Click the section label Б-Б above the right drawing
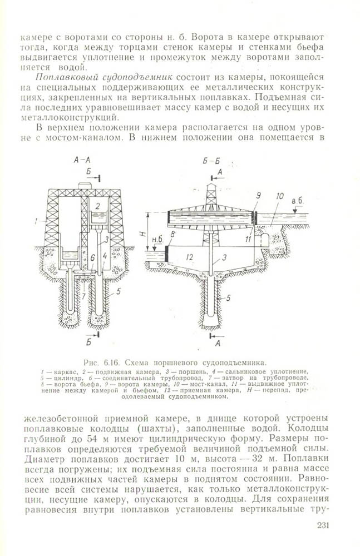(211, 161)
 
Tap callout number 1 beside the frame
(35, 221)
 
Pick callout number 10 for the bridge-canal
(280, 196)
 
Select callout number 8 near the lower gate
(174, 235)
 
